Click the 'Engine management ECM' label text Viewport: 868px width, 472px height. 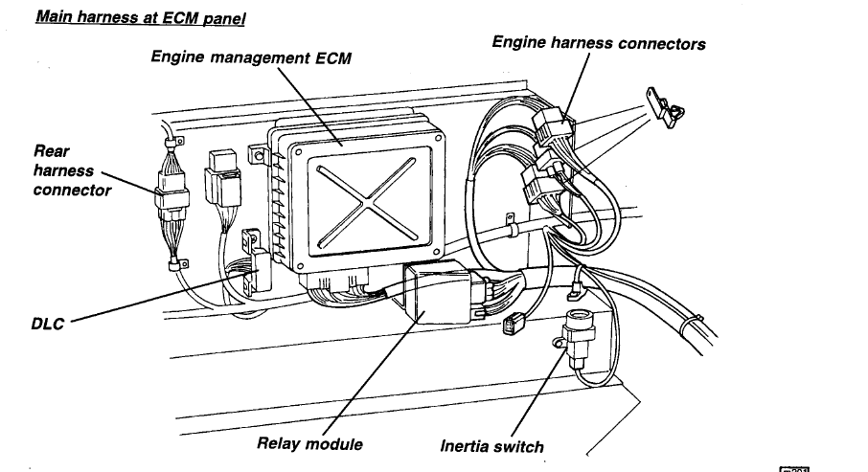pyautogui.click(x=251, y=58)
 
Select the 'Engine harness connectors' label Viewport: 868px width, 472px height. pyautogui.click(x=599, y=43)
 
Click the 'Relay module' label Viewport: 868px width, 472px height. pyautogui.click(x=310, y=444)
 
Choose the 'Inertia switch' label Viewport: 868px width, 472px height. pyautogui.click(x=491, y=446)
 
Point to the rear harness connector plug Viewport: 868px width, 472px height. pyautogui.click(x=172, y=202)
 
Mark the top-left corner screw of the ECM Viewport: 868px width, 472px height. pyautogui.click(x=292, y=148)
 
